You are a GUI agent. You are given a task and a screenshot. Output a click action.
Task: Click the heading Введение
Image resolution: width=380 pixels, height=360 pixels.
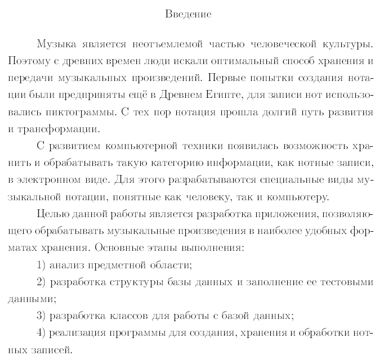189,14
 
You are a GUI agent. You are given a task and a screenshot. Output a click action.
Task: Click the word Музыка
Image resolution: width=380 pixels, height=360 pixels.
55,43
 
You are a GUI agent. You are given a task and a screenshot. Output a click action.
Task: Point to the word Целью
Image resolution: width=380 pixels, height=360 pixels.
52,214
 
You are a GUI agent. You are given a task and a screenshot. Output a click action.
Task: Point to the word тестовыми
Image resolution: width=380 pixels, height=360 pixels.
346,282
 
